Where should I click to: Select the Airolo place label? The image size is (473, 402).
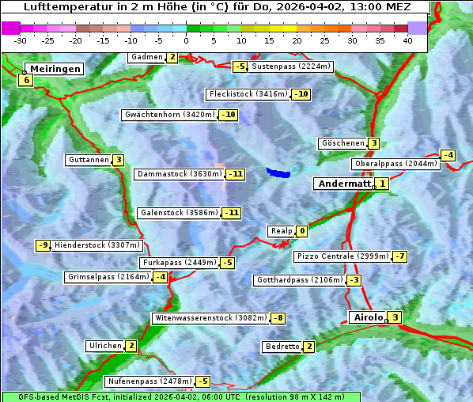(x=368, y=317)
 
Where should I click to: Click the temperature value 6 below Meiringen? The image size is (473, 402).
(x=26, y=80)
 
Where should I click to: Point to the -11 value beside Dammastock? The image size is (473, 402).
(x=235, y=174)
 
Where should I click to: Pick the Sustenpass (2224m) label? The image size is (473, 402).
(x=285, y=66)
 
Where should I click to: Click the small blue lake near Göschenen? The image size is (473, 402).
(x=278, y=172)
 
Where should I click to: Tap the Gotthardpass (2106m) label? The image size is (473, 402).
(x=299, y=280)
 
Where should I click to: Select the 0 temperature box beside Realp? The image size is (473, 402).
(x=302, y=232)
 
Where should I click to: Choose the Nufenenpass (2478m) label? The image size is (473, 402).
(x=149, y=381)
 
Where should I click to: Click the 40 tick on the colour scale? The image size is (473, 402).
(x=407, y=40)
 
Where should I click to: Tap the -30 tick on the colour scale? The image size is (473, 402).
(x=21, y=40)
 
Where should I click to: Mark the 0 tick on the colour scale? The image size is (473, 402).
(x=186, y=40)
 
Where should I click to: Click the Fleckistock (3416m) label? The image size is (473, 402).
(x=247, y=94)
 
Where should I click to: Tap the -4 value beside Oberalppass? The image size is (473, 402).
(x=448, y=155)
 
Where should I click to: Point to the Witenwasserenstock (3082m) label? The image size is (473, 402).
(x=210, y=318)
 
